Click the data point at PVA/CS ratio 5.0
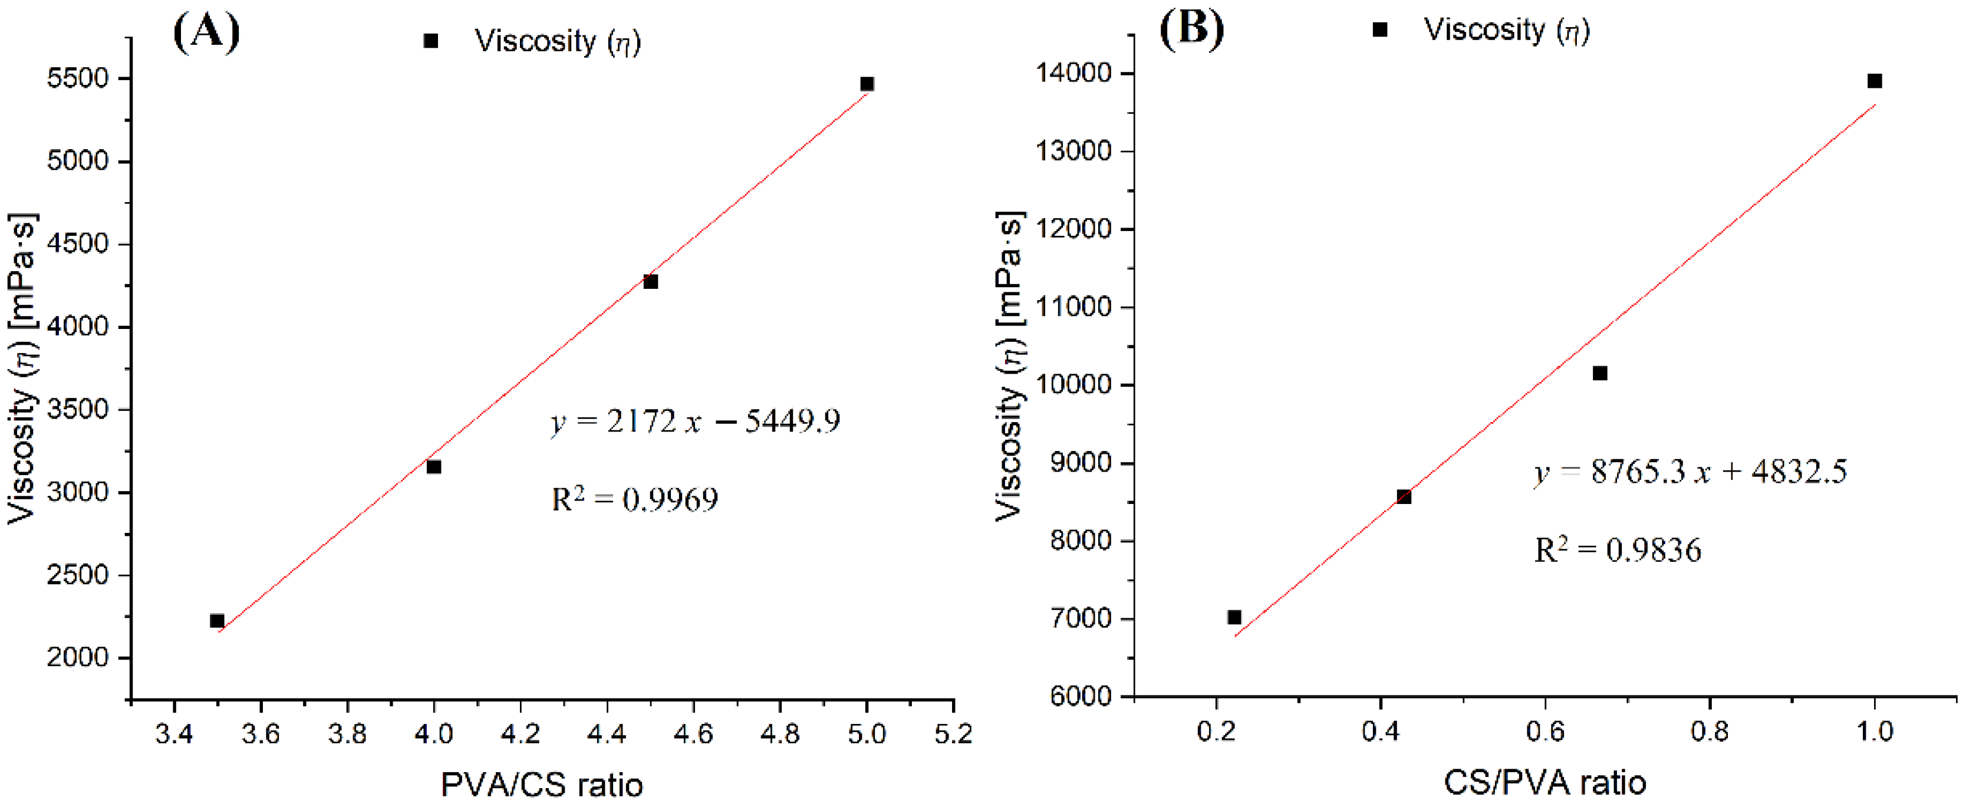tap(867, 84)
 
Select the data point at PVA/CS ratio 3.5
tap(217, 621)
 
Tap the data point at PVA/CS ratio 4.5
tap(650, 282)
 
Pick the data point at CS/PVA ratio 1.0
tap(1875, 81)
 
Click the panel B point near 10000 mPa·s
tap(1600, 373)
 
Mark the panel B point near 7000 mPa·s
tap(1234, 617)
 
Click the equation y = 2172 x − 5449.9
tap(694, 421)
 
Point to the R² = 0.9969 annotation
tap(634, 499)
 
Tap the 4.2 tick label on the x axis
tap(521, 734)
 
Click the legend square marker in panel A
tap(430, 41)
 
